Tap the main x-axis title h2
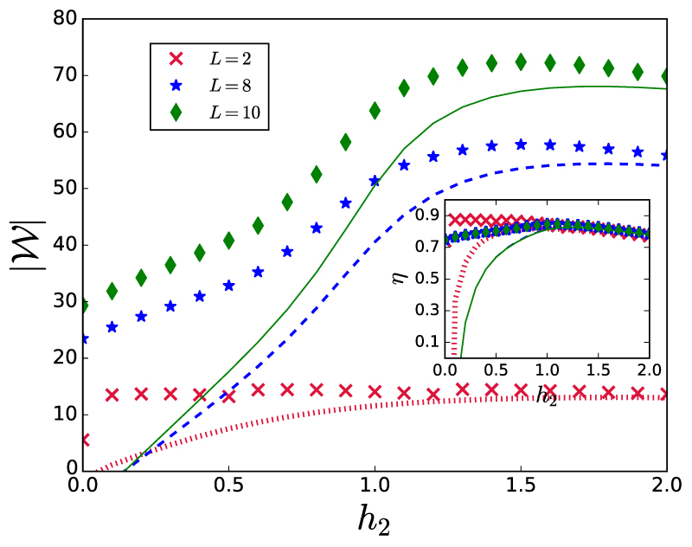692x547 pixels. pyautogui.click(x=375, y=518)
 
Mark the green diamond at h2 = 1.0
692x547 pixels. pyautogui.click(x=375, y=110)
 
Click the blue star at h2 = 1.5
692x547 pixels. pyautogui.click(x=521, y=145)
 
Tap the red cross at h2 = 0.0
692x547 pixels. pyautogui.click(x=84, y=440)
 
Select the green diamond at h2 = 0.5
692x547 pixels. pyautogui.click(x=229, y=240)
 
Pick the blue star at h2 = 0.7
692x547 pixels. pyautogui.click(x=287, y=251)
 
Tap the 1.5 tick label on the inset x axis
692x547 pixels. pyautogui.click(x=598, y=370)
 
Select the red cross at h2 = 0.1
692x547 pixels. pyautogui.click(x=112, y=395)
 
